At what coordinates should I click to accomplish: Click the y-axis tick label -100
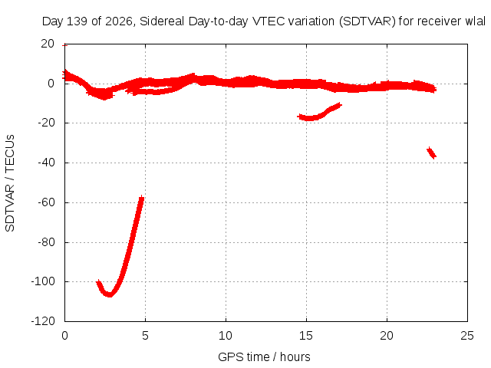click(x=43, y=281)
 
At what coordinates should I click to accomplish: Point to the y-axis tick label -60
click(x=46, y=202)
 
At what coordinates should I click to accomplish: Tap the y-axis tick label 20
click(x=48, y=44)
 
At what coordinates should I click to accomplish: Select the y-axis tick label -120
click(x=43, y=321)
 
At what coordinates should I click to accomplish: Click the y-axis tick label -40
click(x=46, y=163)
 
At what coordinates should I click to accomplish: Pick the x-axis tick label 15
click(x=306, y=336)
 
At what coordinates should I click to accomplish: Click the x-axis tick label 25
click(x=467, y=336)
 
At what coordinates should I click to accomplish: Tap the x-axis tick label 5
click(x=145, y=336)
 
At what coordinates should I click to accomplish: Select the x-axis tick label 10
click(x=226, y=336)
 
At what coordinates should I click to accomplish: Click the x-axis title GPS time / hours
click(x=264, y=356)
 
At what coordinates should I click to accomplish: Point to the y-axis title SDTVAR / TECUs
click(x=10, y=183)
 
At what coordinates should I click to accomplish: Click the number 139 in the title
click(x=77, y=21)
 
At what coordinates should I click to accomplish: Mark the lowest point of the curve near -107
click(x=110, y=294)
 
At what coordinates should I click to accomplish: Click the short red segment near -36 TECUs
click(x=431, y=153)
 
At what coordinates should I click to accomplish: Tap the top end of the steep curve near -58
click(x=142, y=197)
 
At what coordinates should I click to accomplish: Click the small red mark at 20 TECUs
click(x=64, y=45)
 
